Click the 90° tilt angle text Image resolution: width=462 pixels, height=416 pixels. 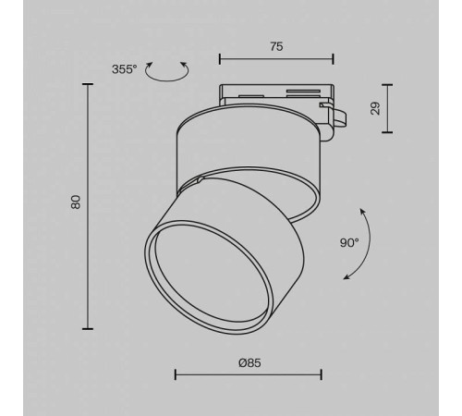(348, 243)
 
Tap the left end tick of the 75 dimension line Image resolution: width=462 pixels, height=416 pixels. (220, 59)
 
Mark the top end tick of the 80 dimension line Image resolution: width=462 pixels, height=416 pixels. (89, 84)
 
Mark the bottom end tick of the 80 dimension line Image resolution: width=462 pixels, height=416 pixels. (89, 327)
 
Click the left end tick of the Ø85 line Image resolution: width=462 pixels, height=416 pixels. (176, 374)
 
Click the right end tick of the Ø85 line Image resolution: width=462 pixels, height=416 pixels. (321, 374)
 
